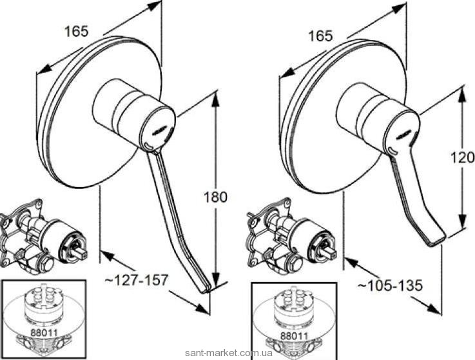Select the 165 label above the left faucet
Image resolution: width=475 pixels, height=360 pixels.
click(x=77, y=31)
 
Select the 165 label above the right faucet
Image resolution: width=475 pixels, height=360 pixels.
click(x=320, y=36)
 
